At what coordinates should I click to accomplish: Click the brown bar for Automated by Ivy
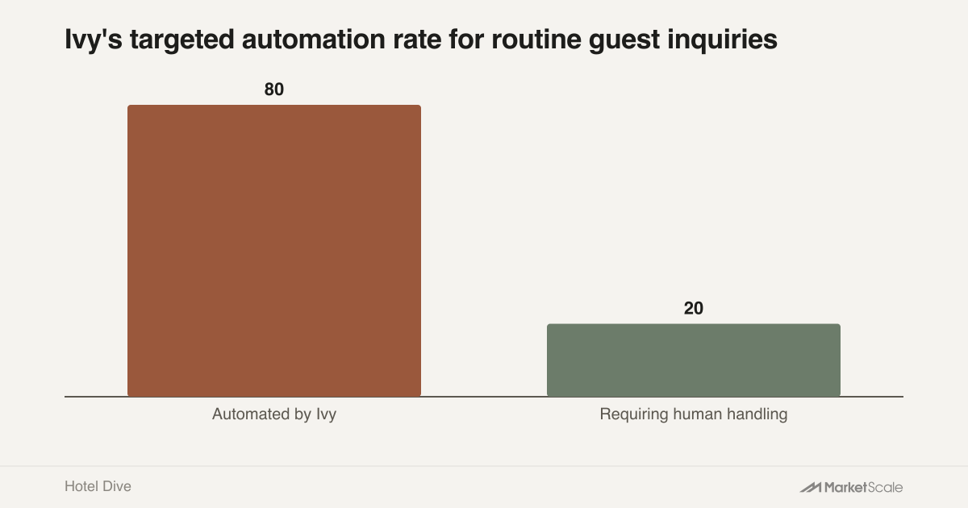click(x=274, y=251)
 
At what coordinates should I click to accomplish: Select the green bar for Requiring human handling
click(x=694, y=360)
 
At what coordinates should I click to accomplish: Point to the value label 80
click(x=274, y=90)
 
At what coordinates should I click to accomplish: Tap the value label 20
click(x=694, y=308)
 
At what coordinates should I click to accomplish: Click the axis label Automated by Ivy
click(x=274, y=414)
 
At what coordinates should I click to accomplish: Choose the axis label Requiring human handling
click(x=694, y=414)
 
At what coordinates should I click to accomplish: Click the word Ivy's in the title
click(x=94, y=40)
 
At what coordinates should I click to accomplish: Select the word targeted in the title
click(x=182, y=40)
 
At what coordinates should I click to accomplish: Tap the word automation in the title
click(x=314, y=39)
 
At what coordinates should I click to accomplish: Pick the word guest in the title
click(x=624, y=40)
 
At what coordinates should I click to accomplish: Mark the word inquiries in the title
click(x=723, y=40)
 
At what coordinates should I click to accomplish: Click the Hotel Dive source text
click(x=98, y=486)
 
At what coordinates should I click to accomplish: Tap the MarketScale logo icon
click(x=810, y=487)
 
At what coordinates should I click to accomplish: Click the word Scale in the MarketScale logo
click(x=885, y=487)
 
